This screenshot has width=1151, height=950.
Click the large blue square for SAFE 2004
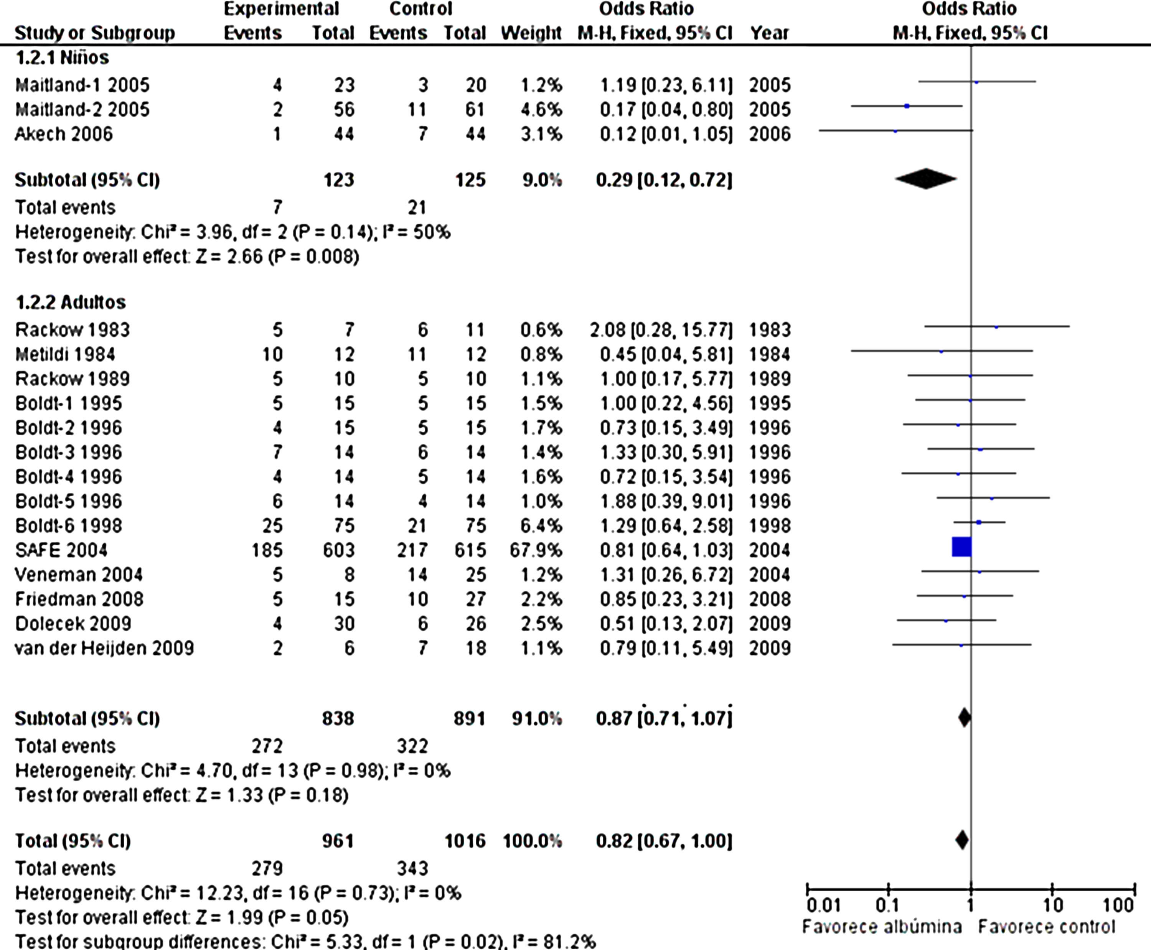961,547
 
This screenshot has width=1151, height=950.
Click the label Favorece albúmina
882,927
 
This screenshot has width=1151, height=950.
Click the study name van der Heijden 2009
104,648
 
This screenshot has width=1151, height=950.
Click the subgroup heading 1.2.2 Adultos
70,302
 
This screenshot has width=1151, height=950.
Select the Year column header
769,33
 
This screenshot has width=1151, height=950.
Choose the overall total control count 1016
465,841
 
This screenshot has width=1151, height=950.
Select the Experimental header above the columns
281,9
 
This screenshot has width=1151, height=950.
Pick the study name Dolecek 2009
73,623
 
